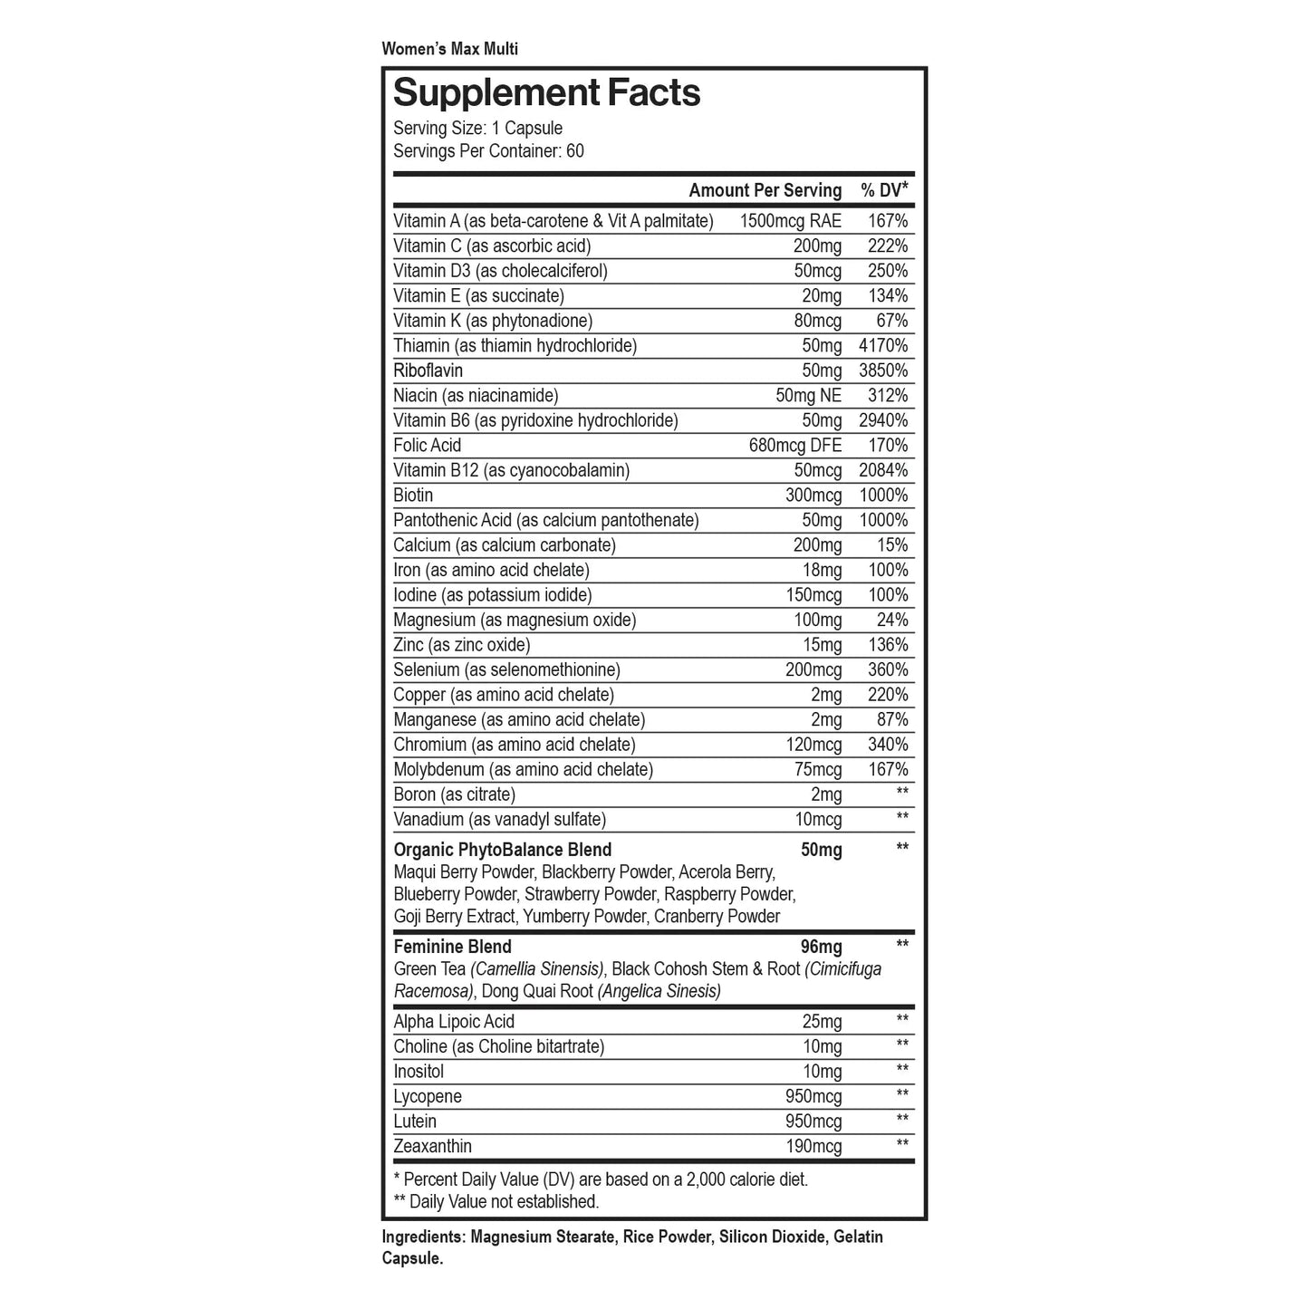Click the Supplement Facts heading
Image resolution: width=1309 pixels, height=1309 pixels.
tap(546, 93)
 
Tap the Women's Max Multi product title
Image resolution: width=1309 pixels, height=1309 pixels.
tap(449, 49)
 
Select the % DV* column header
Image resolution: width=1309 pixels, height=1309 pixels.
tap(883, 190)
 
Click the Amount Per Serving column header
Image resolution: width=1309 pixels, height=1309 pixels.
tap(765, 190)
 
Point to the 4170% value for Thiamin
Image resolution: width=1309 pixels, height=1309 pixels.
tap(882, 346)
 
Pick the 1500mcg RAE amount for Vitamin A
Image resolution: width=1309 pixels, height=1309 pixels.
tap(790, 221)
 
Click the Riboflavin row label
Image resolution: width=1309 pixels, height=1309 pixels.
tap(428, 371)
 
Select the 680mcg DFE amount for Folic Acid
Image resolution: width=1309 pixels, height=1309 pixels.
tap(794, 446)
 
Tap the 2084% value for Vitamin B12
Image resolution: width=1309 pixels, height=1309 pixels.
tap(882, 470)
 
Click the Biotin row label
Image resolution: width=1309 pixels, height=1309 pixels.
tap(413, 496)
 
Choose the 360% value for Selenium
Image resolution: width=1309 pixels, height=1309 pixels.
tap(887, 670)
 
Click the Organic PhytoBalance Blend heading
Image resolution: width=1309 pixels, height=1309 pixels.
tap(502, 850)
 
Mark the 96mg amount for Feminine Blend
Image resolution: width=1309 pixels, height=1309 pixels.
tap(821, 948)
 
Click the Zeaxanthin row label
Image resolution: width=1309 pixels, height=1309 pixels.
tap(432, 1147)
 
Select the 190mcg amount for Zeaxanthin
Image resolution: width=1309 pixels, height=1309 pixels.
tap(813, 1147)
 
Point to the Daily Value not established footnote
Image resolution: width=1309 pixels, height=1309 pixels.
tap(496, 1202)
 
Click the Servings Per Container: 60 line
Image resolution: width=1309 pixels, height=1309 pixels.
tap(488, 151)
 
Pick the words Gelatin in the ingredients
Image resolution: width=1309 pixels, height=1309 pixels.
tap(858, 1237)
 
